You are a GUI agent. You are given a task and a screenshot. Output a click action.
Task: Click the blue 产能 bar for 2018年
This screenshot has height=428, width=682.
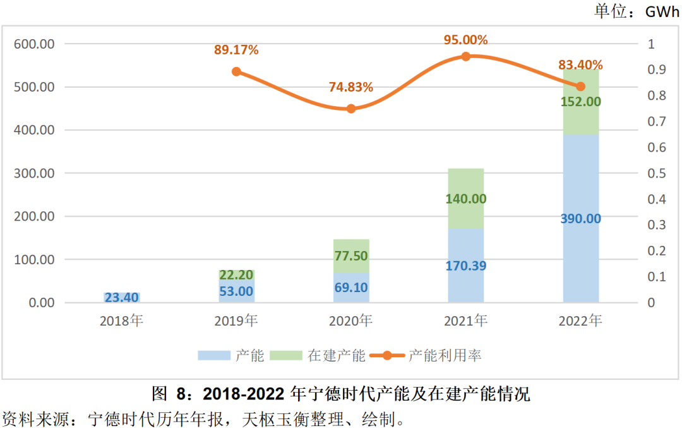[121, 297]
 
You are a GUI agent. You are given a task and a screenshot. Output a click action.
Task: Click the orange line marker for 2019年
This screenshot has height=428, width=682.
[236, 71]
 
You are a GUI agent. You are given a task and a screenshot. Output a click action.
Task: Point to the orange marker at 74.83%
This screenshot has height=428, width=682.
[351, 109]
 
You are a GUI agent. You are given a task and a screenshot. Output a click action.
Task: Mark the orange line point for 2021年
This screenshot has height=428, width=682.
[466, 56]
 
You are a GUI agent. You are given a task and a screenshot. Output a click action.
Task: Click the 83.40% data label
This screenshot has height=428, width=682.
[580, 64]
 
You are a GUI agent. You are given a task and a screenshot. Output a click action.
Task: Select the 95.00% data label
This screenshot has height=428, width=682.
[466, 40]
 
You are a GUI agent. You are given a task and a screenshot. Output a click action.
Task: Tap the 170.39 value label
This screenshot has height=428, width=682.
[466, 266]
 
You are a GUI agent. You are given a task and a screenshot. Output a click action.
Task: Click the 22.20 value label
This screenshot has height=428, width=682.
[236, 274]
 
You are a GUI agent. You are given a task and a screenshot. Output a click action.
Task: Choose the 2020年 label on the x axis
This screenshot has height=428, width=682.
[351, 321]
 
